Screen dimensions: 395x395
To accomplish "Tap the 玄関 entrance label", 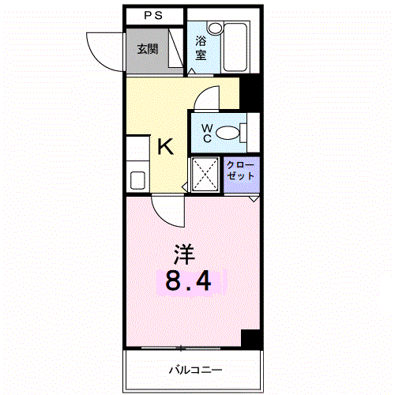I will point(147,49).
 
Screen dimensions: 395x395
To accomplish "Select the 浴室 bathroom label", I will point(201,47).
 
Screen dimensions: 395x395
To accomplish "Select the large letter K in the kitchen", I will point(165,147).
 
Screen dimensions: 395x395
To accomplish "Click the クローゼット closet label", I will point(240,171).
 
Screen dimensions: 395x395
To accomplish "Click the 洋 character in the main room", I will point(184,254).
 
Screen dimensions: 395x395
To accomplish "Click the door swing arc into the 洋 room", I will point(167,209).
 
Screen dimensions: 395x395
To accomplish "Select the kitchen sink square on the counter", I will point(136,179).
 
